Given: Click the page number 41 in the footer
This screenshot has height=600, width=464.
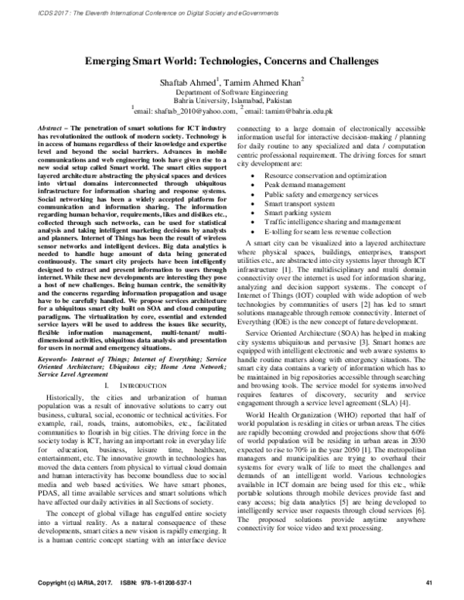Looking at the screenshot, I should tap(428, 581).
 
